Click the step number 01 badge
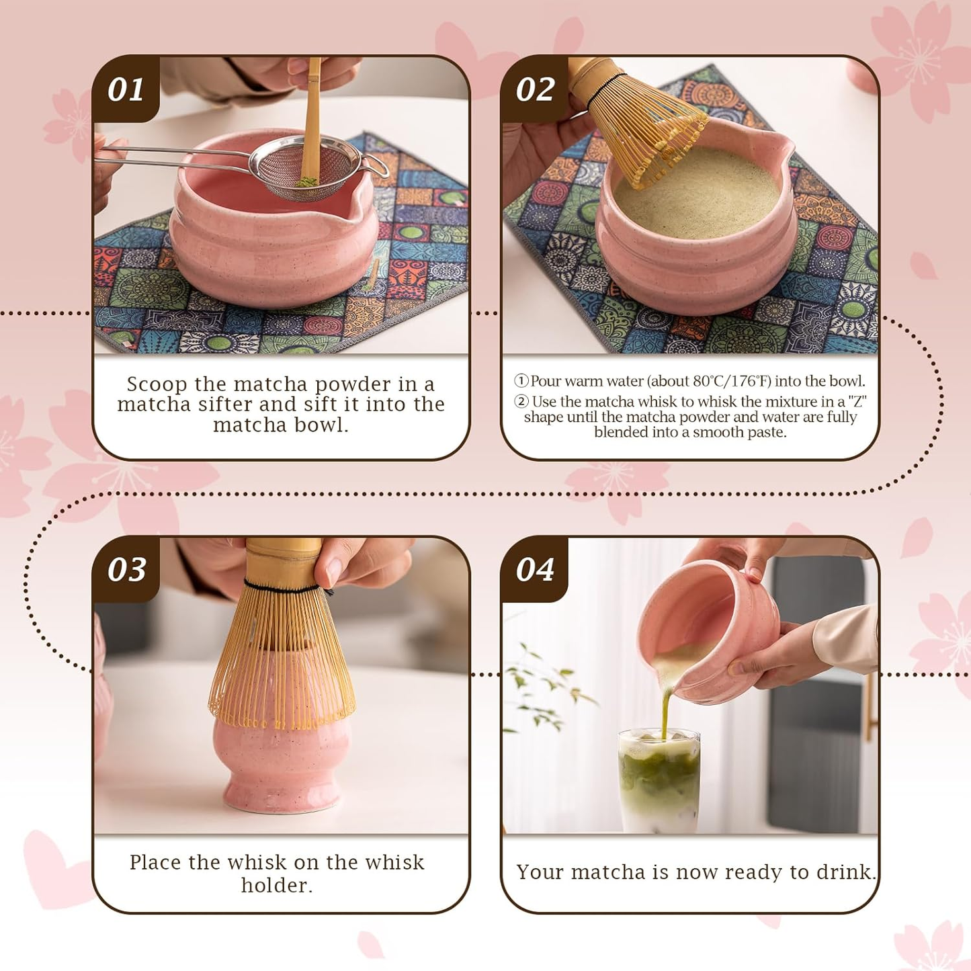click(x=126, y=89)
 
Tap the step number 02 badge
click(x=535, y=89)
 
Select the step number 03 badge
click(x=126, y=569)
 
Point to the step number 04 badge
click(x=535, y=569)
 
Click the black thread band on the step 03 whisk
click(x=282, y=589)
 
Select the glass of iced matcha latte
click(x=659, y=779)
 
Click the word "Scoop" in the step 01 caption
click(x=157, y=384)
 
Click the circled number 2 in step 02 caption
click(x=521, y=401)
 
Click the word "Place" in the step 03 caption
click(x=155, y=862)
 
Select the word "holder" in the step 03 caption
click(x=276, y=885)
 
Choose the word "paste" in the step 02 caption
click(x=767, y=432)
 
